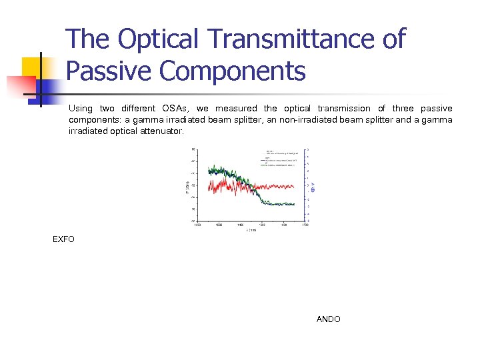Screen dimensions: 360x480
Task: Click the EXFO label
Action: pos(64,239)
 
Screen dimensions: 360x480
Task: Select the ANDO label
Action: pos(328,319)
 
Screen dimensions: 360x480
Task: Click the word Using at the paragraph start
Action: pos(81,109)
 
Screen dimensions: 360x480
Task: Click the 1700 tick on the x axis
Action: pos(305,225)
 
